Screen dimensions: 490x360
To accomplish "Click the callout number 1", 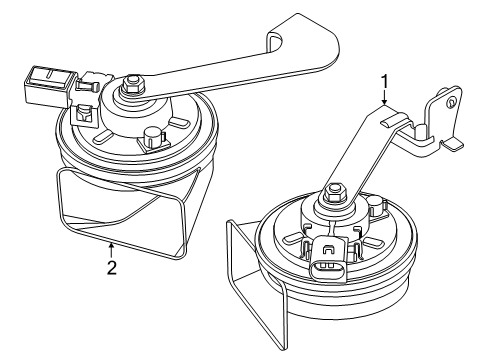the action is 385,82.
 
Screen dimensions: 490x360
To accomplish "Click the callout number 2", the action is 112,267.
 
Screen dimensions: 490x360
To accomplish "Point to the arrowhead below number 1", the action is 385,102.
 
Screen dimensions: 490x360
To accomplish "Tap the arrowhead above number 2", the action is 112,246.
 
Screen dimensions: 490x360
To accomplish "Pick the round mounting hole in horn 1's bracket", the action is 451,102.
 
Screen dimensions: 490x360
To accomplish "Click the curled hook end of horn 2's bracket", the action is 276,41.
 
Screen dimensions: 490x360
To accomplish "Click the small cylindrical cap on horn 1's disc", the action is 376,203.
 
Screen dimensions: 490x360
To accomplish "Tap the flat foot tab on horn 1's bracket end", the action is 452,144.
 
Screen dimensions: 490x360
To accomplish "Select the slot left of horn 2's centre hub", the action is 104,136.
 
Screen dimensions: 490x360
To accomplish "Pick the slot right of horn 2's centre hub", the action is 180,123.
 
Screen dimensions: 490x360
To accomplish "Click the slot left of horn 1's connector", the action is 292,238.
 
